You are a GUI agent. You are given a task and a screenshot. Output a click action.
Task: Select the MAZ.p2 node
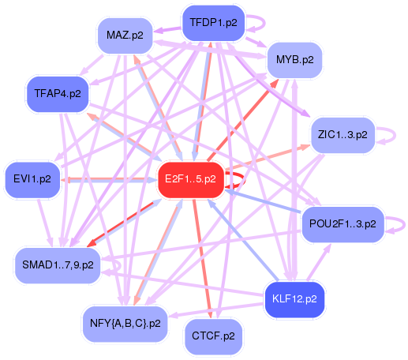click(x=124, y=35)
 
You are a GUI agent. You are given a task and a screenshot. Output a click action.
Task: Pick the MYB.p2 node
click(x=294, y=59)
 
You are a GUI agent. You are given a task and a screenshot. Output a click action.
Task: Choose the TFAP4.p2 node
click(x=58, y=93)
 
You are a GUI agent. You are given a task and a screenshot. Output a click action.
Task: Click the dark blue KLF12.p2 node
click(x=293, y=298)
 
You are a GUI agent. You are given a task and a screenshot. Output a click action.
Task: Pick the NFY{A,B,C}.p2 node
click(x=124, y=323)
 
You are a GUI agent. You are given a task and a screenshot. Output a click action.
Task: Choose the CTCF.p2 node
click(x=213, y=336)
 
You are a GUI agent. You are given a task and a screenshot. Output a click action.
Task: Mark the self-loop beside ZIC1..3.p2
click(x=383, y=135)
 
